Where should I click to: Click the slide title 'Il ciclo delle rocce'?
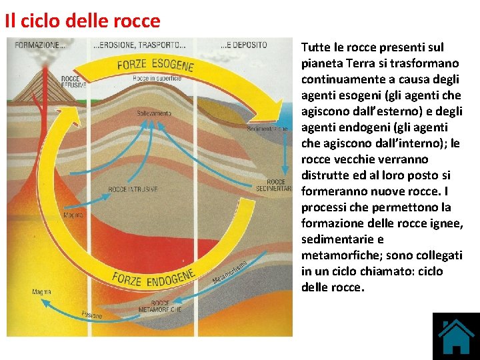83,21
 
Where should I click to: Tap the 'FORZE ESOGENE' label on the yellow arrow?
155,65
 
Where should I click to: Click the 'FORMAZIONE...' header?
39,45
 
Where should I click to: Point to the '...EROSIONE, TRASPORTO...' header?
139,45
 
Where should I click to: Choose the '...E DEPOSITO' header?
244,45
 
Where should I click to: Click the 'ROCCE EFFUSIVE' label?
69,83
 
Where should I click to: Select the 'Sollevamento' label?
154,113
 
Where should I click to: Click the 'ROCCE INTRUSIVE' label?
133,189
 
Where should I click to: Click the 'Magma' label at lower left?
41,292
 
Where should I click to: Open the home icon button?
456,337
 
